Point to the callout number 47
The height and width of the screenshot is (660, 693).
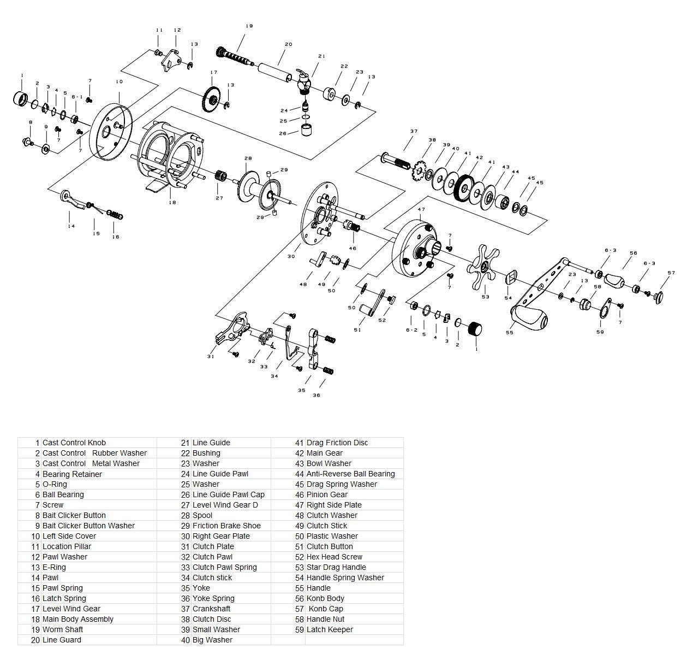421,210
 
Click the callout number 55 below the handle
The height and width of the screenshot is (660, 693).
510,332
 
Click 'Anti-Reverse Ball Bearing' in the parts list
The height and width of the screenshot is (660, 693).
350,474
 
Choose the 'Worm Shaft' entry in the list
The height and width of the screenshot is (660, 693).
63,629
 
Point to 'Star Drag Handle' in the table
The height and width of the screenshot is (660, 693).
336,567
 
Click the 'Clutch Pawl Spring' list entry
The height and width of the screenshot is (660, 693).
224,567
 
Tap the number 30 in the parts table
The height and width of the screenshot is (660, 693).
186,536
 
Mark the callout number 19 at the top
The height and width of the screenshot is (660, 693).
249,26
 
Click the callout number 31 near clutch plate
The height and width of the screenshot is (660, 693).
211,357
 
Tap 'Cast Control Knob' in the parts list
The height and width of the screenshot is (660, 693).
74,443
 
